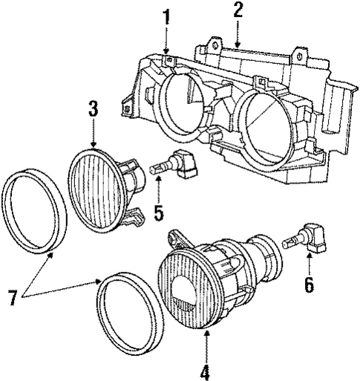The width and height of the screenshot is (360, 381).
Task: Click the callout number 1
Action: tap(167, 16)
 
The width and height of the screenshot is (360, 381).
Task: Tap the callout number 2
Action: tap(238, 10)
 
